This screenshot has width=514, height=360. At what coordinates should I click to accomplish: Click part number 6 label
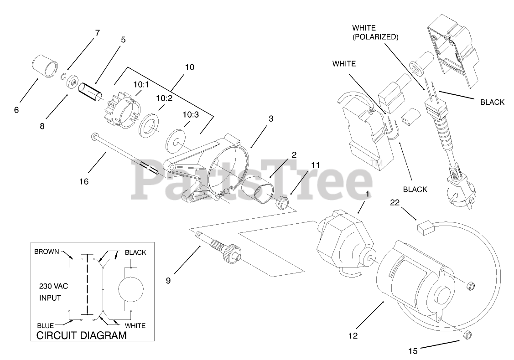click(x=16, y=110)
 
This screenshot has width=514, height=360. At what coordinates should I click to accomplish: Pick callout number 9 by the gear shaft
click(x=168, y=281)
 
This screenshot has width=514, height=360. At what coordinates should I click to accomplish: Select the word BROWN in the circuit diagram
click(x=47, y=252)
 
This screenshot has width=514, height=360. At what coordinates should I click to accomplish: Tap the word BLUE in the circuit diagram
click(x=45, y=325)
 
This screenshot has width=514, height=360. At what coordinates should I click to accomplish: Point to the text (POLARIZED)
click(x=375, y=37)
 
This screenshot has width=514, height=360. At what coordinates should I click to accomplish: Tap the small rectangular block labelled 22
click(x=425, y=227)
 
